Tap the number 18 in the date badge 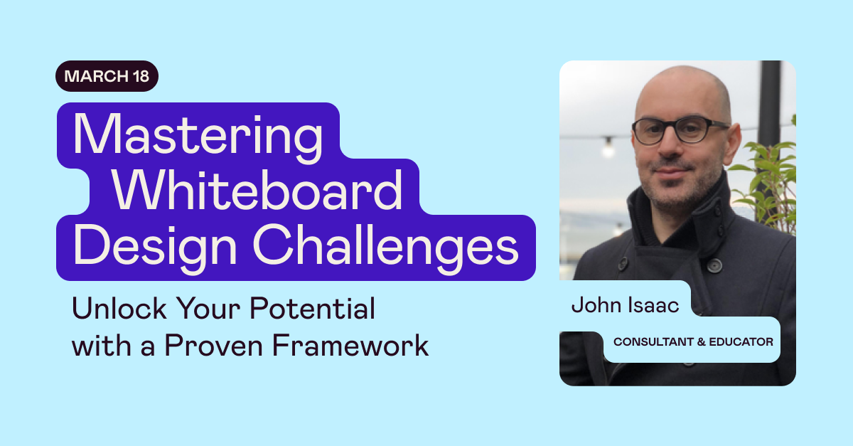140,77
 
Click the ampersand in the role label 701,342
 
